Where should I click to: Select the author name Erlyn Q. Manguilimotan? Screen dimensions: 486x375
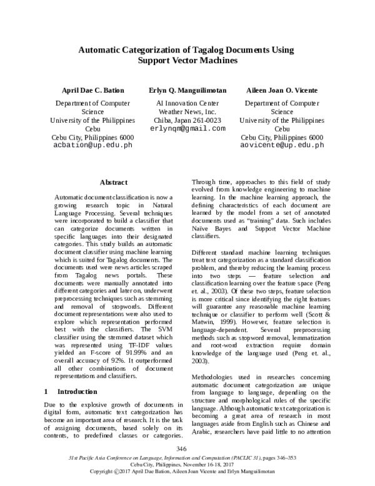[187, 90]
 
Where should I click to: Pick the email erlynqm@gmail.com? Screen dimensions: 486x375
[187, 128]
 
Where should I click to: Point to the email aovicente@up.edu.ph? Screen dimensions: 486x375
[282, 145]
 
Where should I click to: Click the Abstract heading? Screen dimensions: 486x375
[114, 182]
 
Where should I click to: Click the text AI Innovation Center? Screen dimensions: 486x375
[187, 103]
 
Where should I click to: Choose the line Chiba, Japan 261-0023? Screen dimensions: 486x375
[187, 120]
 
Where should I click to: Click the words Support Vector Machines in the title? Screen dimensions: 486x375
[187, 61]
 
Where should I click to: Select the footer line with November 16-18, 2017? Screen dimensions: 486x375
[187, 464]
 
